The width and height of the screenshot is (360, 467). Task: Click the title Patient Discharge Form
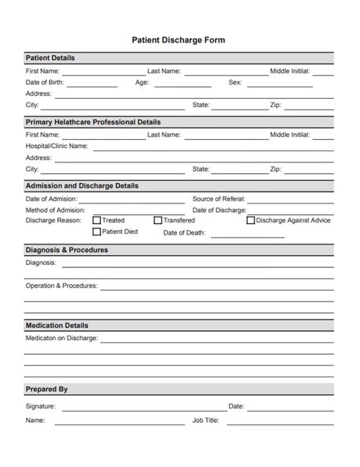179,39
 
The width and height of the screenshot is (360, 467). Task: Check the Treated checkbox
96,221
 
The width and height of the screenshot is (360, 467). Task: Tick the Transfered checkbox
158,221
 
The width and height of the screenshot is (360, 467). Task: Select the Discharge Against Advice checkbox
251,221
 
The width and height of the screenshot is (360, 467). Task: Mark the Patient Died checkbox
96,232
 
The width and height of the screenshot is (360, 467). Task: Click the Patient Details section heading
50,58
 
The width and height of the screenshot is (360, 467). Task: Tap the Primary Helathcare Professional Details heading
93,121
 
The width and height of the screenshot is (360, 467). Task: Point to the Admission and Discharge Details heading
82,185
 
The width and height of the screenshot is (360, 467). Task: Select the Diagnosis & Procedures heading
67,250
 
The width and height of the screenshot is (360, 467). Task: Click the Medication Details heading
57,325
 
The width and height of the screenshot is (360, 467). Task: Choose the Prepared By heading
46,390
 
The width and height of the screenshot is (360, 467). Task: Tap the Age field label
142,82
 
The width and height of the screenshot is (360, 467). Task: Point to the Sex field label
235,82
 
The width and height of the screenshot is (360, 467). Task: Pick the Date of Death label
185,233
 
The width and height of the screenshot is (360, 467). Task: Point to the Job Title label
205,420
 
